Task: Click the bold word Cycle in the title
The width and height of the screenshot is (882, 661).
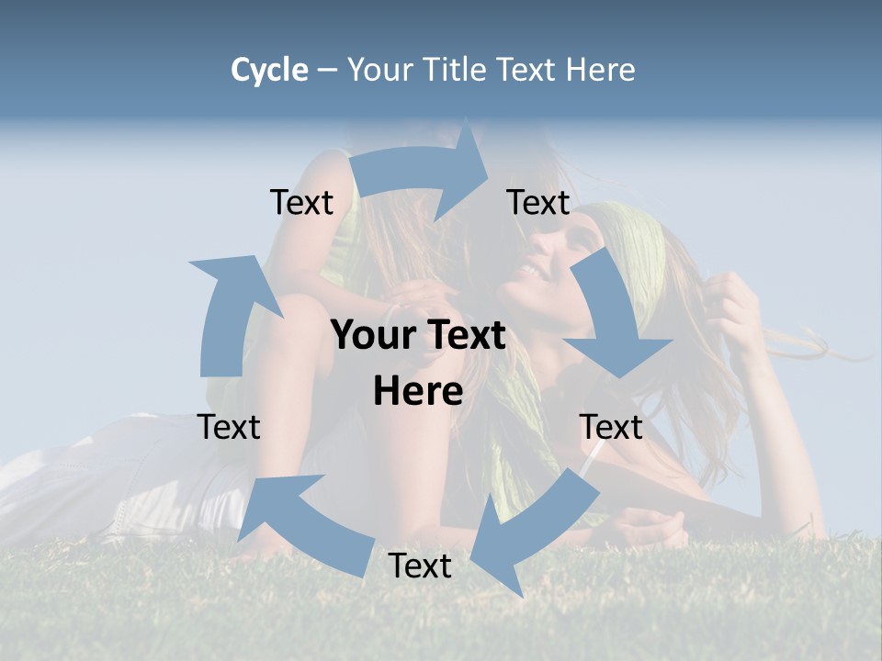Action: (269, 70)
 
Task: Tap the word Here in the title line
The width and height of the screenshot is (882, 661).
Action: (601, 70)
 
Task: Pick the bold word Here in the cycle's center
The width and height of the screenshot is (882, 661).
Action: (418, 391)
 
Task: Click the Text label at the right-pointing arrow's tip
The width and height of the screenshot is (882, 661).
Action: (538, 202)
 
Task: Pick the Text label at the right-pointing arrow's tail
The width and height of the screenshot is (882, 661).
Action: (301, 202)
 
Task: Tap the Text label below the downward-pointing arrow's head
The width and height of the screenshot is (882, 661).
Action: (611, 427)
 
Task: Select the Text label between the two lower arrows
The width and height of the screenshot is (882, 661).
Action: (420, 566)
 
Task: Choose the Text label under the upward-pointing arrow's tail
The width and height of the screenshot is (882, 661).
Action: (229, 427)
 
